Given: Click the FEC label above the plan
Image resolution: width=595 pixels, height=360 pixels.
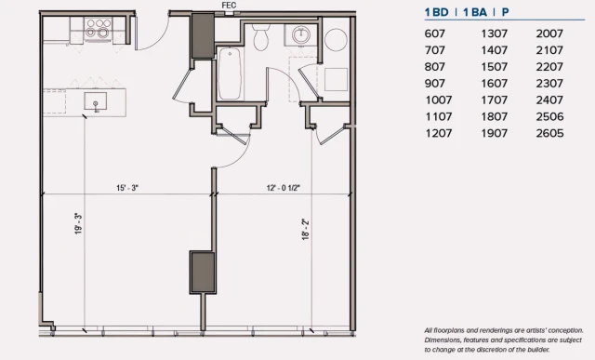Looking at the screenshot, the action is pos(229,6).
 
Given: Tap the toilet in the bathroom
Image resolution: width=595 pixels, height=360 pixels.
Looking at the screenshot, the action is pos(261,37).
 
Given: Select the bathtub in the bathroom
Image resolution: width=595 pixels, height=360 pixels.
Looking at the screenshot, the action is pos(230,73).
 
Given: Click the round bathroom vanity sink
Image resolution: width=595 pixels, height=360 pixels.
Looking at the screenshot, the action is pos(301,35).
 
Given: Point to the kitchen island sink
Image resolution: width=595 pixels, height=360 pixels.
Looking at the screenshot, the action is pos(95,101).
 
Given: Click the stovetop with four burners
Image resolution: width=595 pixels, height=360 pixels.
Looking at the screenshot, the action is pos(98,29).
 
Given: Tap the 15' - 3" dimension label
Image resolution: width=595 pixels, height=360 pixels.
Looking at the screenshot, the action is pos(127,188).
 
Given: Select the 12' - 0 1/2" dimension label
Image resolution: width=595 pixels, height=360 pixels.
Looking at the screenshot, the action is pos(283,188).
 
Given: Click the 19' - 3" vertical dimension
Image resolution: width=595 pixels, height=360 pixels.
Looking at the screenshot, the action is pos(78,223).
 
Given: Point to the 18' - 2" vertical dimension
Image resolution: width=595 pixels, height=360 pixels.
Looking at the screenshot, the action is pos(306,230).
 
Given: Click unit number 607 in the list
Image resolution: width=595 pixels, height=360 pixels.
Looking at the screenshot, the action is pos(434,33).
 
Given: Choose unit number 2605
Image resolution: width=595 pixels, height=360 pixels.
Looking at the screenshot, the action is pos(549,133).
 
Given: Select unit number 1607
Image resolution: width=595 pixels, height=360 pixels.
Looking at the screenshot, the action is pos(494,84).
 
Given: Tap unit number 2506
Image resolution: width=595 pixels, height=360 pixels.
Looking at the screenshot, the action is pos(549,116).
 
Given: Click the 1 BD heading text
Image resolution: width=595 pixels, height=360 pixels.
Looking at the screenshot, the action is pos(436,12).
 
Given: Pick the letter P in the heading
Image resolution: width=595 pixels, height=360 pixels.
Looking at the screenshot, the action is pos(505,12).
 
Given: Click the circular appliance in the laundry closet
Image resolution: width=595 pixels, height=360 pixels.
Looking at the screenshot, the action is pos(336,40).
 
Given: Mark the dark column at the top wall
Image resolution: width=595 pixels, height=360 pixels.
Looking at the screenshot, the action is pos(203,35).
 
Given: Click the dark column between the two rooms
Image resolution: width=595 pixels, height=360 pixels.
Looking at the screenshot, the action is pos(203,273).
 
